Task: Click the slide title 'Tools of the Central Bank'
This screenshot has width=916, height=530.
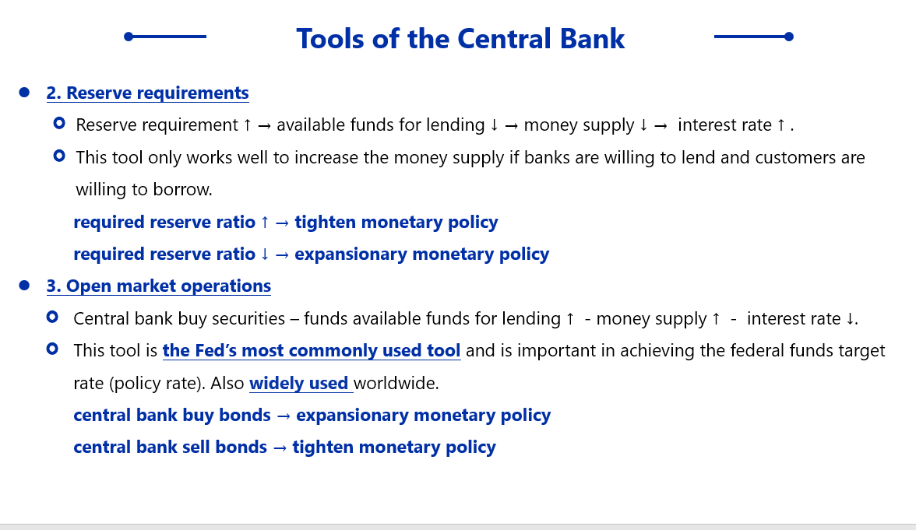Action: coord(460,39)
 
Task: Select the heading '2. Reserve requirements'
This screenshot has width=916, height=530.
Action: coord(148,93)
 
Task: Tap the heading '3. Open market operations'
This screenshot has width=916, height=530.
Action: coord(159,286)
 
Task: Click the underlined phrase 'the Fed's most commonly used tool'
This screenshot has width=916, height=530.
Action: coord(312,350)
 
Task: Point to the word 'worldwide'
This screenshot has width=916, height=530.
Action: coord(394,383)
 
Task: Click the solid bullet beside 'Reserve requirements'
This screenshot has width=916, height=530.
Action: coord(24,92)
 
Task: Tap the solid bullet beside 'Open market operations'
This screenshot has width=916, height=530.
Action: coord(24,285)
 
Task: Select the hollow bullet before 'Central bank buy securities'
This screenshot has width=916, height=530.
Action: coord(52,317)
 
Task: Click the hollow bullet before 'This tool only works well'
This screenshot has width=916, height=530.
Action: coord(59,156)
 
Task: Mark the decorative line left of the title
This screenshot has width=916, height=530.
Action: coord(165,36)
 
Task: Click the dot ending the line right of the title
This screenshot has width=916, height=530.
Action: coord(788,37)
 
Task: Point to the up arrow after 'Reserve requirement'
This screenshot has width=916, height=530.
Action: coord(247,125)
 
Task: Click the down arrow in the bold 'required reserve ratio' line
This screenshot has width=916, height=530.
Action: coord(265,254)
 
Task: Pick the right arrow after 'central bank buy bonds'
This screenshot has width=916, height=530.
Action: coord(284,416)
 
